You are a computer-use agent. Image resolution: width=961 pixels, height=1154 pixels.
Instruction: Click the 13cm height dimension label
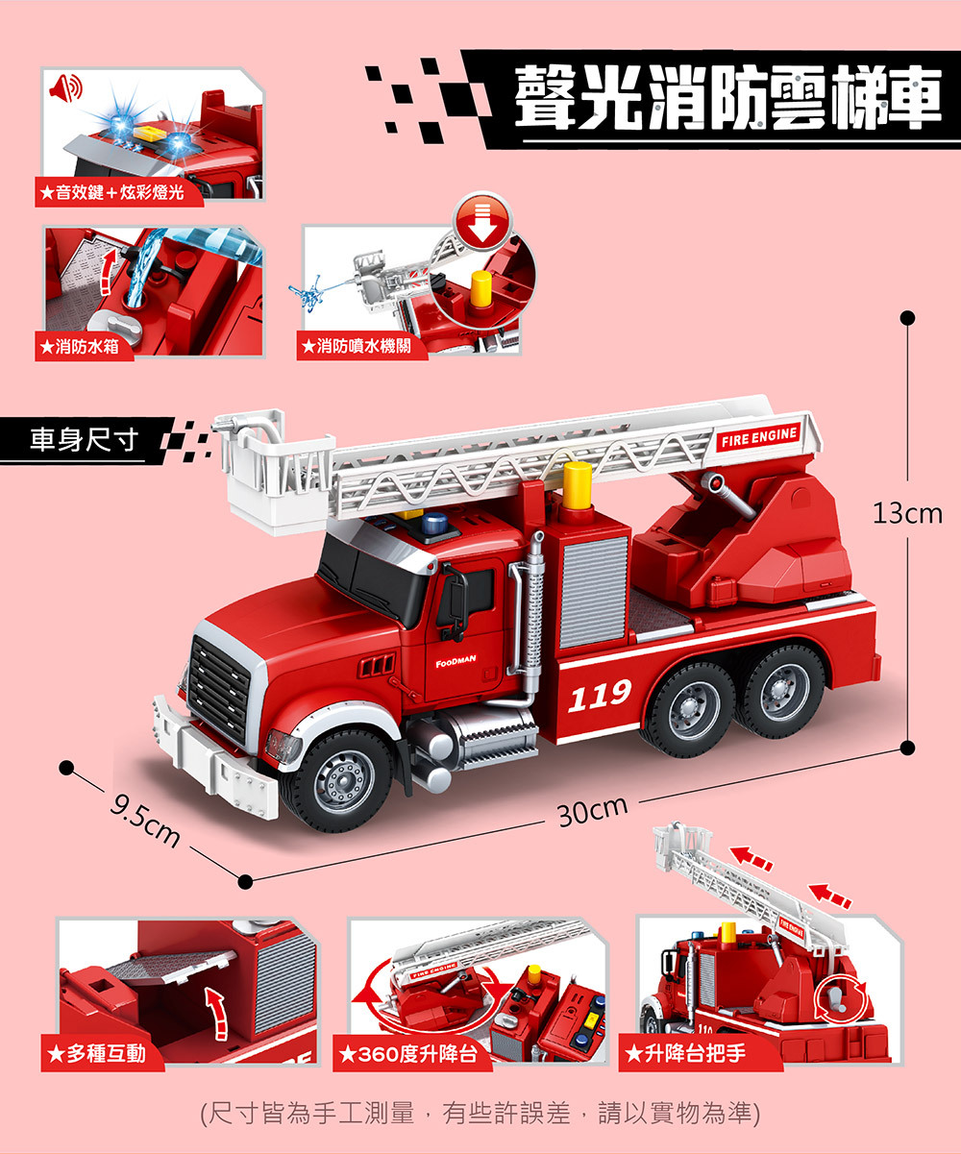tap(907, 513)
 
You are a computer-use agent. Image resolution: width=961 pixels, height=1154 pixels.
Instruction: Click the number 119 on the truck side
tap(600, 695)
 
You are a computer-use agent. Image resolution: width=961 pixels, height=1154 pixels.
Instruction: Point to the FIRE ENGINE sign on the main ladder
tap(759, 437)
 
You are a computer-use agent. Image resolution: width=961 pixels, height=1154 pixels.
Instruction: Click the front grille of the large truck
tap(219, 689)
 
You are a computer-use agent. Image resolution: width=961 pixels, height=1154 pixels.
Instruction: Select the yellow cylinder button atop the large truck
tap(578, 486)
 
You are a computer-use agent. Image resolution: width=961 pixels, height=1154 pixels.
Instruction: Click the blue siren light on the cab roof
tap(434, 523)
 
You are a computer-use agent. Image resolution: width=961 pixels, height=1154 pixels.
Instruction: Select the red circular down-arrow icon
tap(482, 220)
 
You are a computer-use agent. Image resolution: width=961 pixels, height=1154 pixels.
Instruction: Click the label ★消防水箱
tap(80, 347)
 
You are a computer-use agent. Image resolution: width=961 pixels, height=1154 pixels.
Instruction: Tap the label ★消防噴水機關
tap(357, 346)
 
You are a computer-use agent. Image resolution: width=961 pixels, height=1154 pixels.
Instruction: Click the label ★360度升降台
tap(407, 1054)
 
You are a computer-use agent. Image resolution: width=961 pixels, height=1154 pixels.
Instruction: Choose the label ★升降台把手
tap(685, 1053)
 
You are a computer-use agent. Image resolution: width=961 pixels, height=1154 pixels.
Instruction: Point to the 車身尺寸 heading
tap(84, 440)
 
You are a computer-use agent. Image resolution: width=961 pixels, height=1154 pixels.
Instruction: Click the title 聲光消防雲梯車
tap(728, 97)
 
